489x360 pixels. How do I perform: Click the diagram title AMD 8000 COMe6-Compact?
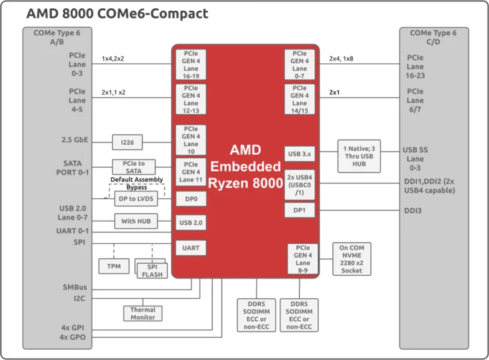coord(117,13)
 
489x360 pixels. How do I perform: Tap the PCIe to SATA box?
coord(134,167)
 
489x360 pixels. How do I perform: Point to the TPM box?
coord(113,266)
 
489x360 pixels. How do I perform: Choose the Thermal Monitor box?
coord(143,313)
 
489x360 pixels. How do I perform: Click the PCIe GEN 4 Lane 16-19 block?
coord(191,64)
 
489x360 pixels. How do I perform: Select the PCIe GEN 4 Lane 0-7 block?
coord(300,64)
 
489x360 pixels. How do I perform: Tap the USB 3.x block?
coord(300,154)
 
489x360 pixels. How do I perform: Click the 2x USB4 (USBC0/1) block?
coord(300,185)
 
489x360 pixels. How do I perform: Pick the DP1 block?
coord(300,211)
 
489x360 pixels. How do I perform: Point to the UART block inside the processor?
coord(191,248)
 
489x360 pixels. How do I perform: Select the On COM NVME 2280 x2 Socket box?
coord(352,259)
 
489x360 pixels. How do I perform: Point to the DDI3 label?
coord(413,211)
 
